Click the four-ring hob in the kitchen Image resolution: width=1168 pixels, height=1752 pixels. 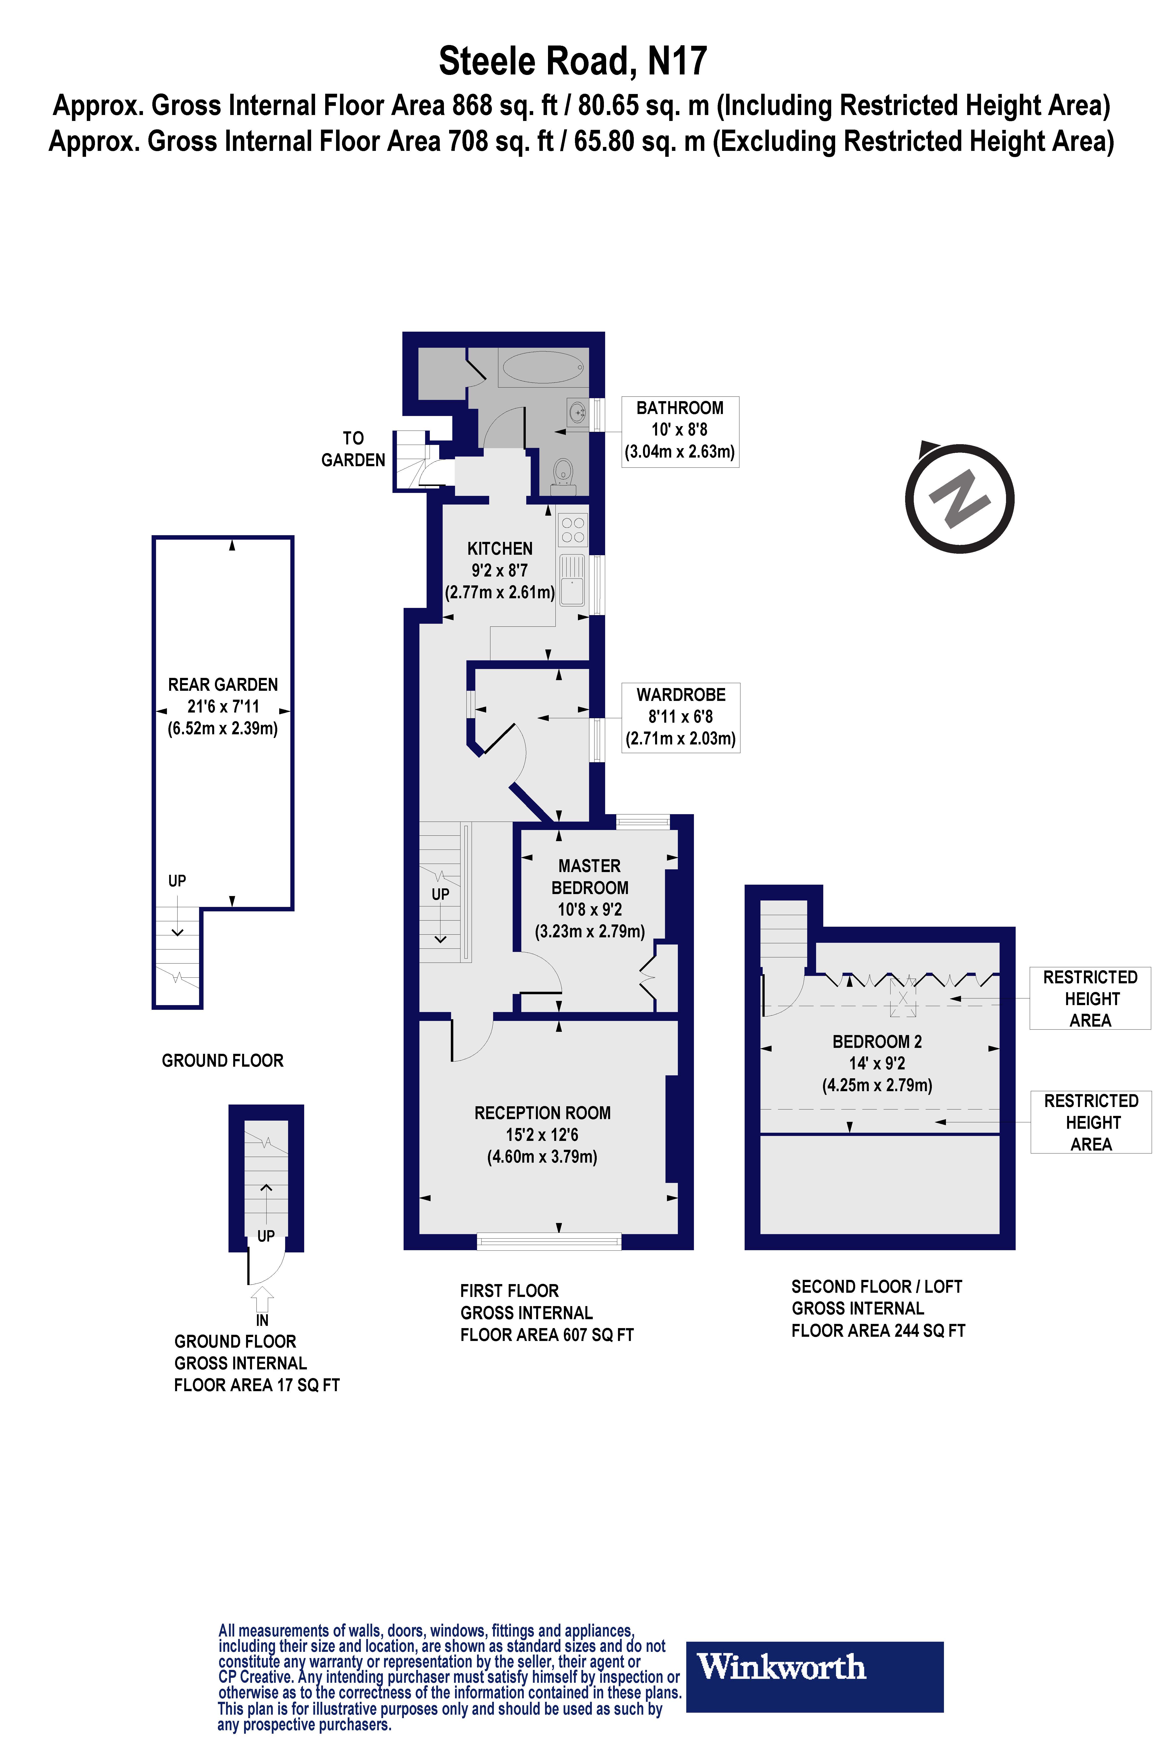coord(573,529)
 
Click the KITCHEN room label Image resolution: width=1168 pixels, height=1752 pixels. coord(500,549)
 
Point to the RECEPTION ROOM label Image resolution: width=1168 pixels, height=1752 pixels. coord(542,1113)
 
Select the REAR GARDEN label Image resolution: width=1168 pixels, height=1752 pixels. coord(223,685)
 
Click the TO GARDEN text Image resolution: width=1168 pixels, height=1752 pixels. coord(353,449)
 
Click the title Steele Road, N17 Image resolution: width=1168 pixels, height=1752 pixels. coord(573,61)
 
